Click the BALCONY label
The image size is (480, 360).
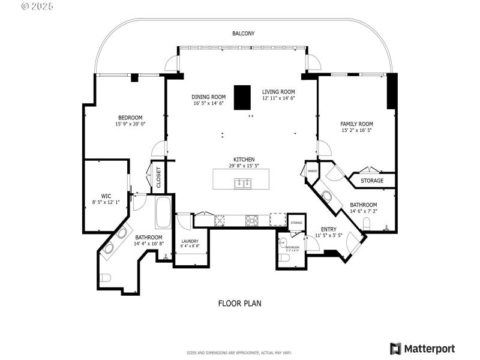243,34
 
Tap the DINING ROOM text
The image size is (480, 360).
208,97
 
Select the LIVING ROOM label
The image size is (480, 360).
278,92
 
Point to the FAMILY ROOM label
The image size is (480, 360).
356,124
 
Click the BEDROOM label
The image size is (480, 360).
130,117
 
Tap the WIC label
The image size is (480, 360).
106,196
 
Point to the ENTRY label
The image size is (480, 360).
329,229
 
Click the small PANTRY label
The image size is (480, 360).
312,171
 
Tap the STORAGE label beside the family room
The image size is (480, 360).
372,181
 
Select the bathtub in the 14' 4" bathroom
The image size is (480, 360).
163,213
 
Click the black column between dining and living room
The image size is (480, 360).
242,98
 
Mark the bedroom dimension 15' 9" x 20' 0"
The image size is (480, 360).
130,124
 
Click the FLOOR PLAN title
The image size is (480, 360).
239,304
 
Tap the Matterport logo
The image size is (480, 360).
422,349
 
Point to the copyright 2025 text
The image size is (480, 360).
37,6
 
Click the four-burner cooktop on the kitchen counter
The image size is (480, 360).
252,221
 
